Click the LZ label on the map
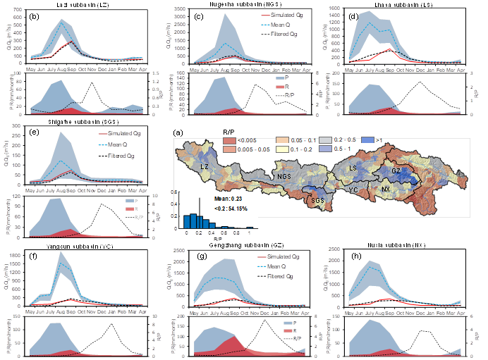tap(205, 167)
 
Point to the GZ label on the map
tap(396, 171)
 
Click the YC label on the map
tap(354, 189)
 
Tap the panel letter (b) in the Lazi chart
tap(34, 13)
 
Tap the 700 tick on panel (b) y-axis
tap(20, 12)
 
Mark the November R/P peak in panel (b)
tap(91, 82)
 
